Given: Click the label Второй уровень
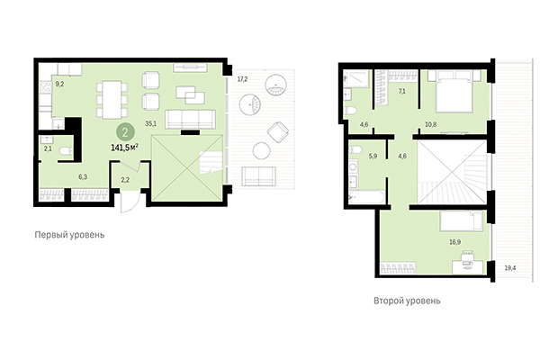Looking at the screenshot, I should (408, 301).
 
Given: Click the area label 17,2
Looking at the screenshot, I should (241, 80).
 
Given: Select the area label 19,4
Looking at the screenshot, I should (510, 268).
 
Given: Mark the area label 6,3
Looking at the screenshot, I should (83, 177).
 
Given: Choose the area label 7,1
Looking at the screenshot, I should (402, 91).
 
